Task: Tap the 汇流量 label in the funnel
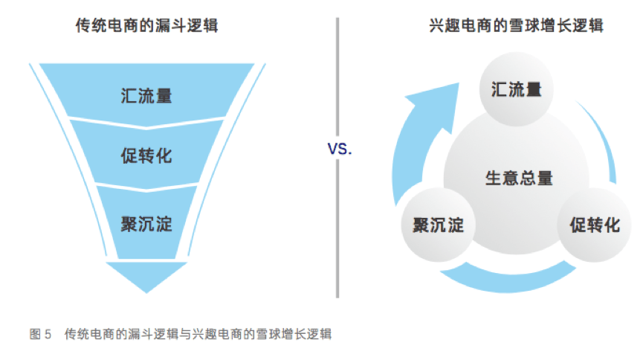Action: pos(146,96)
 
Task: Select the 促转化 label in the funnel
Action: pos(146,157)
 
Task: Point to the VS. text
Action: pos(340,150)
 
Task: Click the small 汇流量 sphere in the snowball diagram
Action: pos(517,90)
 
